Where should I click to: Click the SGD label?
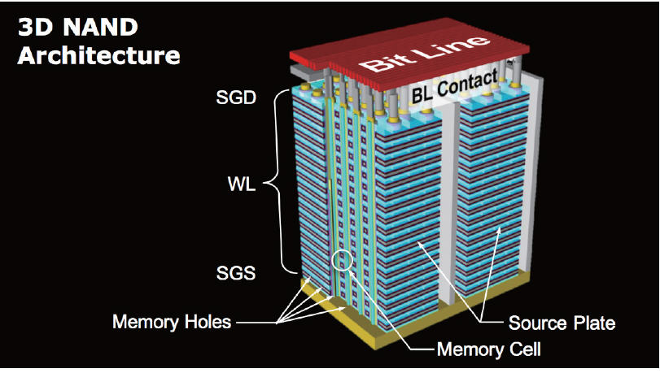click(x=236, y=98)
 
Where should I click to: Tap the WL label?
click(x=241, y=184)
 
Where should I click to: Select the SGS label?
click(x=236, y=273)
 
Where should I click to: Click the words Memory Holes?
click(x=172, y=323)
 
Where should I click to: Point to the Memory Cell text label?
click(x=488, y=349)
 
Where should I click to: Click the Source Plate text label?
click(x=562, y=323)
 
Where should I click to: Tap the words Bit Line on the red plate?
click(x=425, y=54)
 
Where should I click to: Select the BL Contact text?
click(x=455, y=88)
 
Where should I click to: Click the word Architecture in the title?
click(x=99, y=55)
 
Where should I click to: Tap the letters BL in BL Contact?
click(x=422, y=95)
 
